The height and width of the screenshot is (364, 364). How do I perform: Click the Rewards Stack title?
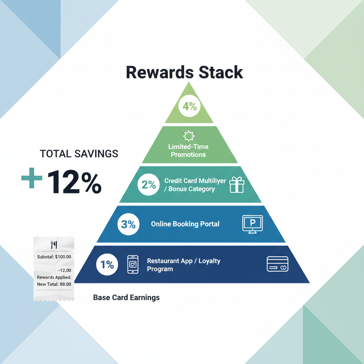(x=184, y=72)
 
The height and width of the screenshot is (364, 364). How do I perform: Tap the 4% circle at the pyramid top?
(x=189, y=106)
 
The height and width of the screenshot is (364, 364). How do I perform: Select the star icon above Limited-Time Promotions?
(x=189, y=136)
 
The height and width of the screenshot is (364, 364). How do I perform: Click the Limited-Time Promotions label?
(x=188, y=151)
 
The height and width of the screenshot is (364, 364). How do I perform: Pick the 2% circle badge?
(x=149, y=184)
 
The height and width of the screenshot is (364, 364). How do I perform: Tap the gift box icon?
(x=237, y=184)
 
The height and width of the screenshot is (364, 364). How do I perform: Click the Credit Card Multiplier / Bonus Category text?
(x=195, y=185)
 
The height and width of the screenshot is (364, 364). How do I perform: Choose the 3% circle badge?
(x=128, y=224)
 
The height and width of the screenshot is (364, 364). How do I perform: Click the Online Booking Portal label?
(x=185, y=224)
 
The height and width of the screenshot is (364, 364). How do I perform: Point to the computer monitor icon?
(x=253, y=224)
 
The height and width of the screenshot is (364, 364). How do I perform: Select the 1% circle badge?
(x=107, y=264)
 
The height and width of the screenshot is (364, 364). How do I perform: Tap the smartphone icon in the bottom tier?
(x=133, y=264)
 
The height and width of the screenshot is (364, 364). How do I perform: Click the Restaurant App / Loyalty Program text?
(x=184, y=265)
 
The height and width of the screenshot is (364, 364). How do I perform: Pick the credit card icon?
(x=277, y=264)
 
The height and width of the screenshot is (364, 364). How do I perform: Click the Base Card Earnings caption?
(x=126, y=298)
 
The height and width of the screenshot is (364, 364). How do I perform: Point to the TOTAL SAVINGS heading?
(x=79, y=154)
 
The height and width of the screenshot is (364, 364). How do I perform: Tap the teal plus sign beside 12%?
(x=32, y=178)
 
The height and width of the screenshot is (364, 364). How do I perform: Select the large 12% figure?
(x=74, y=182)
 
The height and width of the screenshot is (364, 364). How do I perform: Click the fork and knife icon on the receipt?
(x=54, y=245)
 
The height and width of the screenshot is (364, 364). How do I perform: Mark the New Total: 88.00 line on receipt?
(x=54, y=284)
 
